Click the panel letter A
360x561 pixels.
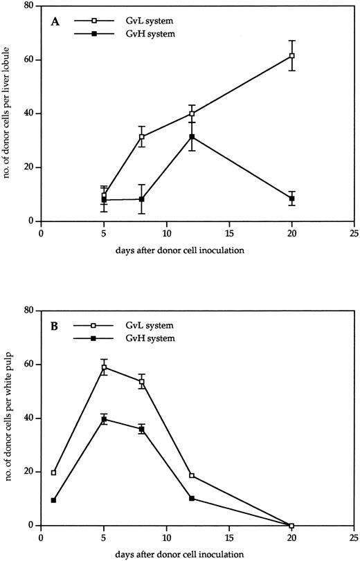click(55, 21)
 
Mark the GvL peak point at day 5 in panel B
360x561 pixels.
click(105, 367)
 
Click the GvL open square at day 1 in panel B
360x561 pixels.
click(54, 472)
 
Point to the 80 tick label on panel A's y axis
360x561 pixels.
click(30, 6)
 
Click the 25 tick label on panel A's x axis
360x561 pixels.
click(354, 233)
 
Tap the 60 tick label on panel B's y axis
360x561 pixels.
click(30, 365)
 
